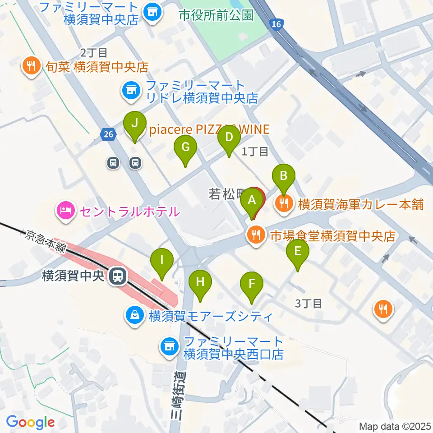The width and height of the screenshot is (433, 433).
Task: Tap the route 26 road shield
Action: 107,134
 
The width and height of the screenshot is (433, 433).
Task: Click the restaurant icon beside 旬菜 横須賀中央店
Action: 31,67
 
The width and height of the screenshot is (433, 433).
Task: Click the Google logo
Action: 31,423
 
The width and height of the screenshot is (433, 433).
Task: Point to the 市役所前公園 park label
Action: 216,15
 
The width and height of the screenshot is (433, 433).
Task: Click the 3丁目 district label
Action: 309,303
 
